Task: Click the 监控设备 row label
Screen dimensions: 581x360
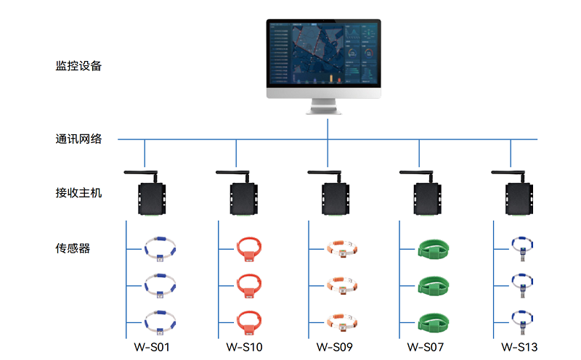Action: (78, 66)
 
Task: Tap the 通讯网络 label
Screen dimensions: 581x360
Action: (78, 139)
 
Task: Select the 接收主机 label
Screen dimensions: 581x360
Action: (78, 192)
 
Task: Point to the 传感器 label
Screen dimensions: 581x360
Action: (73, 248)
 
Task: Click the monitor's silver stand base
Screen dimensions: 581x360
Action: (323, 110)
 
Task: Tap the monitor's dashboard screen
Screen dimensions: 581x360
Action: (323, 54)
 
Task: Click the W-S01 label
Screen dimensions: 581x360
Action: (152, 347)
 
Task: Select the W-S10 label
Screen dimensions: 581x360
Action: (244, 347)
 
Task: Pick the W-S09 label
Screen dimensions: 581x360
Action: (335, 347)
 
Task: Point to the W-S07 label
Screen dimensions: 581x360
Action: (426, 347)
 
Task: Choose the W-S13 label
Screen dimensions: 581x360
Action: (519, 347)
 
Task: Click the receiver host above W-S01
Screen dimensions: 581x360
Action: (152, 199)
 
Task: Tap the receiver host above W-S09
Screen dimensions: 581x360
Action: (336, 199)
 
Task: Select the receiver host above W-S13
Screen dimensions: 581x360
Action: (519, 199)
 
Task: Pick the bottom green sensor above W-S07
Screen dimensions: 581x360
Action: (433, 322)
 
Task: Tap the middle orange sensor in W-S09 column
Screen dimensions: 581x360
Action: (341, 285)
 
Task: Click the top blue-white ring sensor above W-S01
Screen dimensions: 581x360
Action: (160, 249)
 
